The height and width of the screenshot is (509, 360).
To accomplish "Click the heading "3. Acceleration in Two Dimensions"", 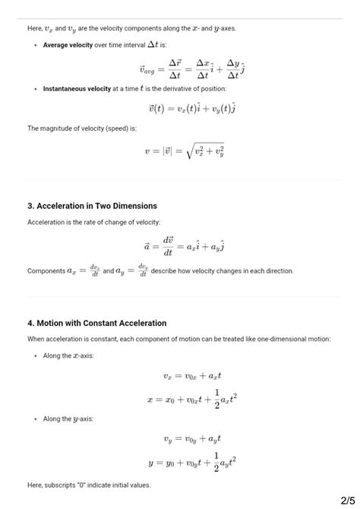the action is point(92,206).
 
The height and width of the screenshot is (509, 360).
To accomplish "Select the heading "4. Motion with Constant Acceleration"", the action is point(96,323).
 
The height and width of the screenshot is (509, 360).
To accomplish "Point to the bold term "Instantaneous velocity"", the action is point(77,89).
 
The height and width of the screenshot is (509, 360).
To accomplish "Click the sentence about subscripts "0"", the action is point(89,485).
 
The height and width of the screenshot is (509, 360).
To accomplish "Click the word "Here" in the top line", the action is point(34,28).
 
